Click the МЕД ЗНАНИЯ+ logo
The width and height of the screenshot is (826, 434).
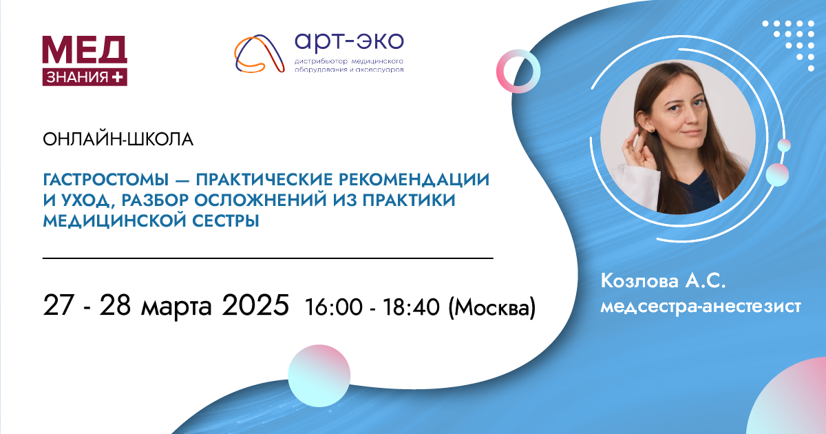click(x=85, y=61)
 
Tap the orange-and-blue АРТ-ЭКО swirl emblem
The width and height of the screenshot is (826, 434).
click(x=260, y=54)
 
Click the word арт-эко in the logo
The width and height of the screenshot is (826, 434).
click(x=349, y=43)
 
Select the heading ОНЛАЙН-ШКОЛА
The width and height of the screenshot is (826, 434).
click(x=118, y=139)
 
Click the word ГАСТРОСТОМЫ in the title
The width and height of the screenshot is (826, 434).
click(x=106, y=180)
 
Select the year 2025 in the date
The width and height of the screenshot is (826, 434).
click(x=255, y=304)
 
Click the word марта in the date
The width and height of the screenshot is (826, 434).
click(x=176, y=307)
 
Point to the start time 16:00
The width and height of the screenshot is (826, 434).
click(x=334, y=307)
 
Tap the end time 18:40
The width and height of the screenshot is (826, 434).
click(x=411, y=307)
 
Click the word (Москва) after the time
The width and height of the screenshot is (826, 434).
click(x=491, y=308)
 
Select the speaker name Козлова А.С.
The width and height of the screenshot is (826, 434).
click(x=663, y=281)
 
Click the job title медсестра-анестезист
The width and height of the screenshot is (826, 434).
click(x=701, y=307)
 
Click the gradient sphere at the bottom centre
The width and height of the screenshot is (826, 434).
click(x=319, y=375)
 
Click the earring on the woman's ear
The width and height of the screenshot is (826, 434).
click(x=652, y=130)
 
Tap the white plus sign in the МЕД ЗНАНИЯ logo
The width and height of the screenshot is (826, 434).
click(x=117, y=77)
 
